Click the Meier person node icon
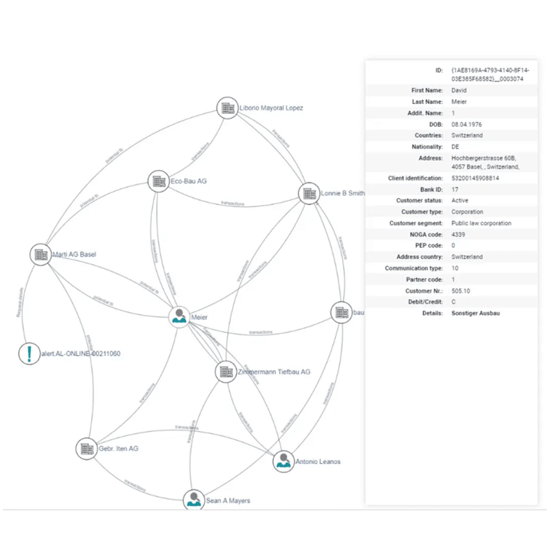tap(180, 316)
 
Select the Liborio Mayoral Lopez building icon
tap(227, 107)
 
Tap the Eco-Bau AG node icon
tap(158, 182)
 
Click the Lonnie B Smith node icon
tap(309, 194)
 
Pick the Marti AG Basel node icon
tap(40, 254)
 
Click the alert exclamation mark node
tap(29, 353)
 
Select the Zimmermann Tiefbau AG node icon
tap(225, 371)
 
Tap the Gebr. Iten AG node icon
tap(86, 448)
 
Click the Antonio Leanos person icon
tap(282, 461)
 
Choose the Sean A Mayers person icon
tap(193, 500)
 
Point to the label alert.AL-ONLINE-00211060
tap(81, 354)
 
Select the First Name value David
tap(460, 91)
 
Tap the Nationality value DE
tap(456, 147)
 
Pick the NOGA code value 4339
tap(460, 234)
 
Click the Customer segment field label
tap(417, 223)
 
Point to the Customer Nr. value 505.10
tap(463, 291)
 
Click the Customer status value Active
tap(461, 201)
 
